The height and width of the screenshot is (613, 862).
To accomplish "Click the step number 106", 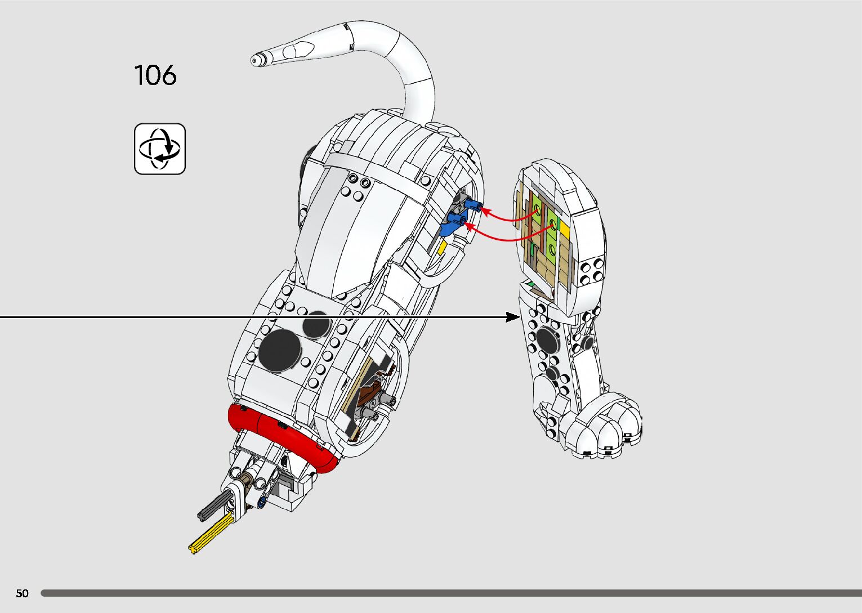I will pos(155,75).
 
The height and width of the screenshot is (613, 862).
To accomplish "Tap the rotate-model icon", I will pos(160,149).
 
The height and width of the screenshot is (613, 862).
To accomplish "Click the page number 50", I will pos(22,593).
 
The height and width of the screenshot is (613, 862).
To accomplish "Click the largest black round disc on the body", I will pos(280,349).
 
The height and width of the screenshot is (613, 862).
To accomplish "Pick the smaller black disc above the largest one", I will pos(316,324).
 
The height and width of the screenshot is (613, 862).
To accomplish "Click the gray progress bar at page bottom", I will pos(450,593).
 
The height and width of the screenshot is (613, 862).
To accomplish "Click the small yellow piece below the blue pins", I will pos(443,248).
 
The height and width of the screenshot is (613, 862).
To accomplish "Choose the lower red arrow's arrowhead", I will pos(469,226).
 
